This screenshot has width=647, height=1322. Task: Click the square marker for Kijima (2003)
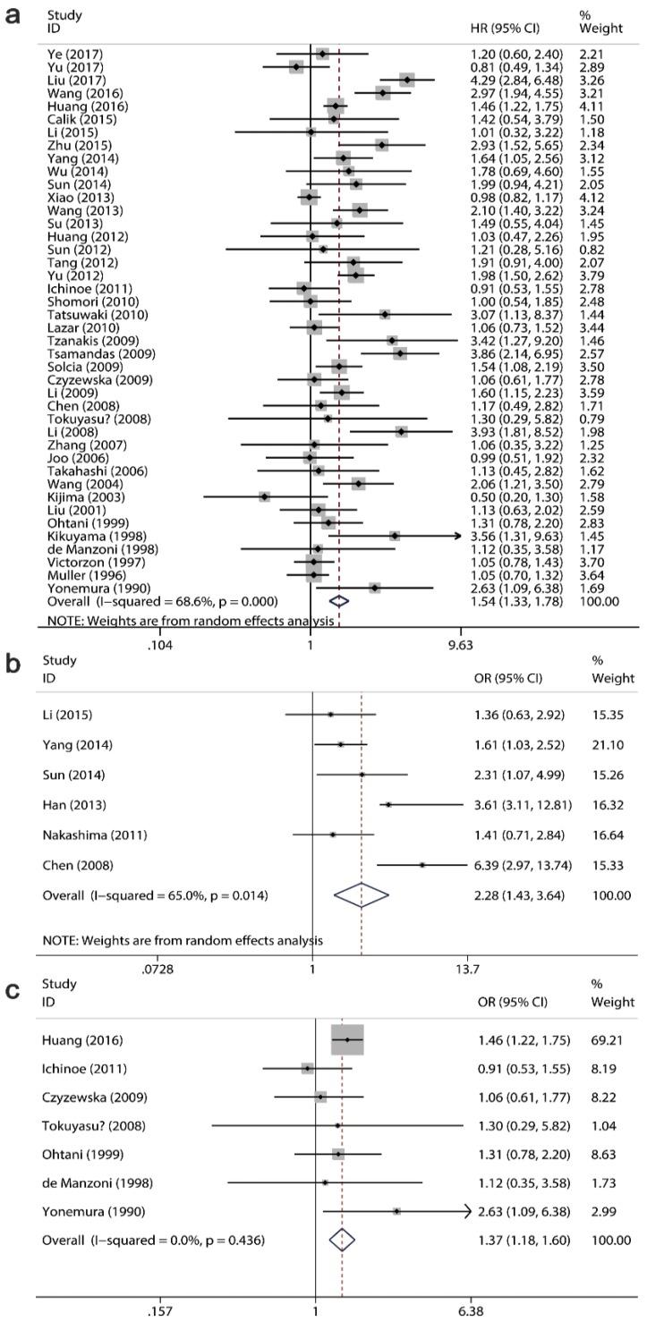pyautogui.click(x=264, y=496)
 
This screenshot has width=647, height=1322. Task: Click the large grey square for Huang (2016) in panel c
pyautogui.click(x=347, y=1040)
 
